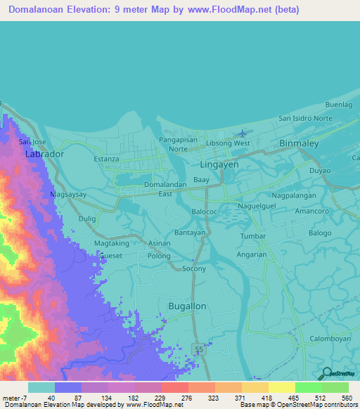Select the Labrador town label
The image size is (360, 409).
tap(44, 153)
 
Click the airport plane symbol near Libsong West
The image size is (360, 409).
tap(243, 132)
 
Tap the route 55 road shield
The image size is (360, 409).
tap(199, 349)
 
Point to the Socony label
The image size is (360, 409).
tap(194, 268)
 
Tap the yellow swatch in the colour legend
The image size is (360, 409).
tap(281, 387)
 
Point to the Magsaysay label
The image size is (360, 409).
tap(69, 193)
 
